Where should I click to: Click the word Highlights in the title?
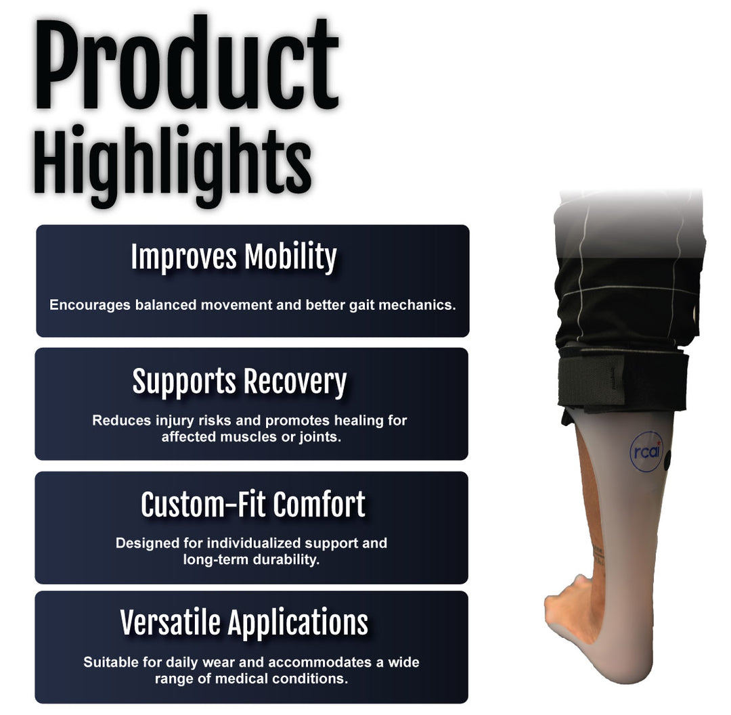click(x=173, y=165)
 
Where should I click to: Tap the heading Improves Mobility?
click(x=234, y=256)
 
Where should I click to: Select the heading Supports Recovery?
click(x=240, y=382)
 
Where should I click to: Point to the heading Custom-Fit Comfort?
click(x=253, y=505)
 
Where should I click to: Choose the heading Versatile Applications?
click(x=244, y=623)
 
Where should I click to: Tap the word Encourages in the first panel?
click(x=90, y=305)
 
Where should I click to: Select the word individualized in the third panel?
click(x=254, y=543)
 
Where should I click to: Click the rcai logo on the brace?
click(x=646, y=451)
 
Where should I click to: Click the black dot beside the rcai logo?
click(x=667, y=461)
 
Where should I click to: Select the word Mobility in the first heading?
click(x=290, y=256)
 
